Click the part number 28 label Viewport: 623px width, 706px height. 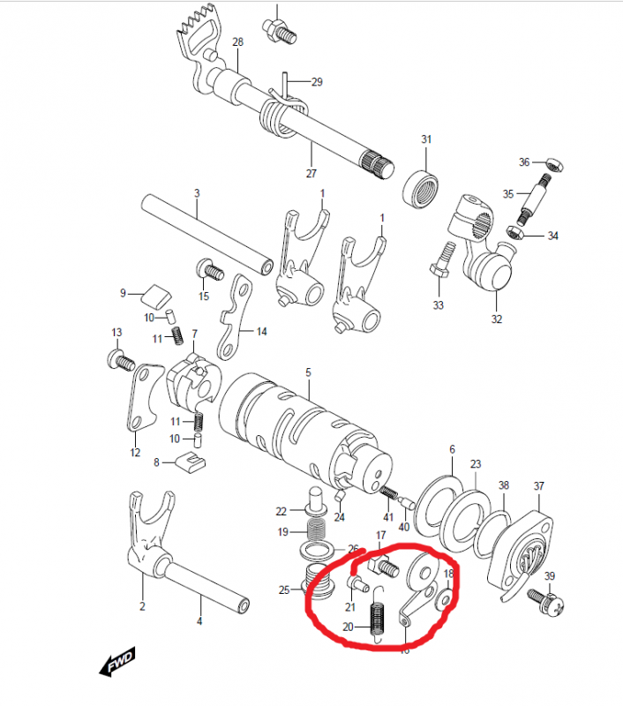237,41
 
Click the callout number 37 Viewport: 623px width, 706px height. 538,486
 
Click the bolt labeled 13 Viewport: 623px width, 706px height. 120,359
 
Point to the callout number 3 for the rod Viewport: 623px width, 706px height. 197,192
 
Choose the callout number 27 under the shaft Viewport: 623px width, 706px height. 311,173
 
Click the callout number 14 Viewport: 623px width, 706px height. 262,331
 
